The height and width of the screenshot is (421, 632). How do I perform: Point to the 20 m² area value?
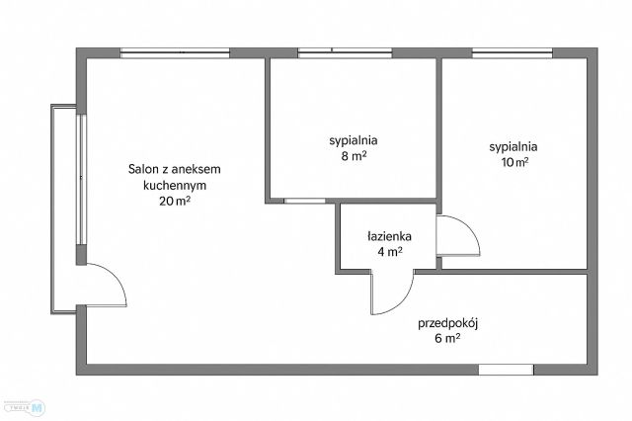174,201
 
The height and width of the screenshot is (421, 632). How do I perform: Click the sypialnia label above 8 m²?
354,140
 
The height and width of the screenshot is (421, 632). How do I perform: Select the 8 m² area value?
354,155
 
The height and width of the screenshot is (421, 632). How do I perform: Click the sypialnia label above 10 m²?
513,147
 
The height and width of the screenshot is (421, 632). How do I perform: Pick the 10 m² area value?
513,163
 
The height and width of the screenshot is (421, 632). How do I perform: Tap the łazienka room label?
388,236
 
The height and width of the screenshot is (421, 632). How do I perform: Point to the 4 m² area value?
388,252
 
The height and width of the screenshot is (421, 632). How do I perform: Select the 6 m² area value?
446,338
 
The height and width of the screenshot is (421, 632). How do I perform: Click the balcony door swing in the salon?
107,287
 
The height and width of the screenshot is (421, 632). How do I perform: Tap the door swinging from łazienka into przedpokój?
390,293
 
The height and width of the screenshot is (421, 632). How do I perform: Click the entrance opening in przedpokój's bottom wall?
506,370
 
